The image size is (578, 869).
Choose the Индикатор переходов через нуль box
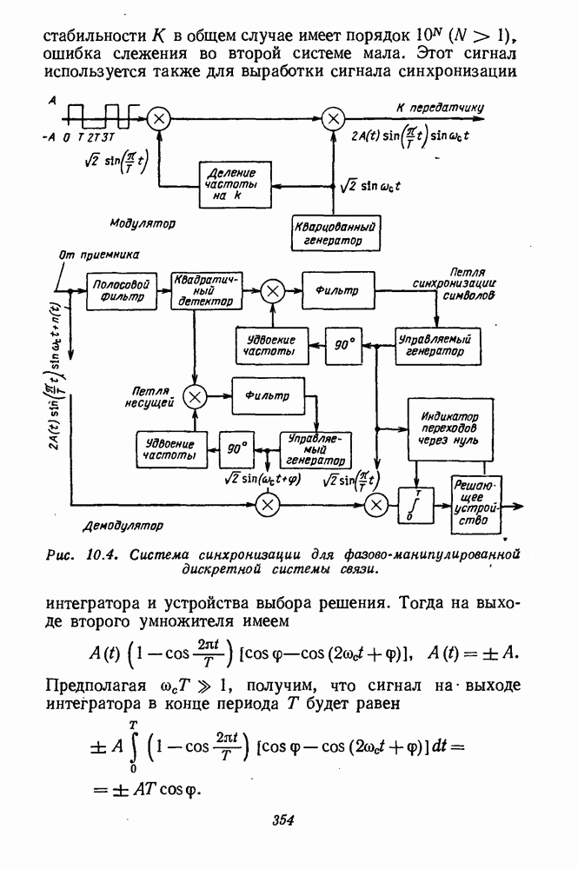[x=443, y=428]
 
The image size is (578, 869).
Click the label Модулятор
[x=142, y=224]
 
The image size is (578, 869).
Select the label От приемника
[x=99, y=255]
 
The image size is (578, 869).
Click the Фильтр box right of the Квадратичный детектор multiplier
[x=342, y=289]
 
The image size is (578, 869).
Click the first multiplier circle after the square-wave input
[x=157, y=118]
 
